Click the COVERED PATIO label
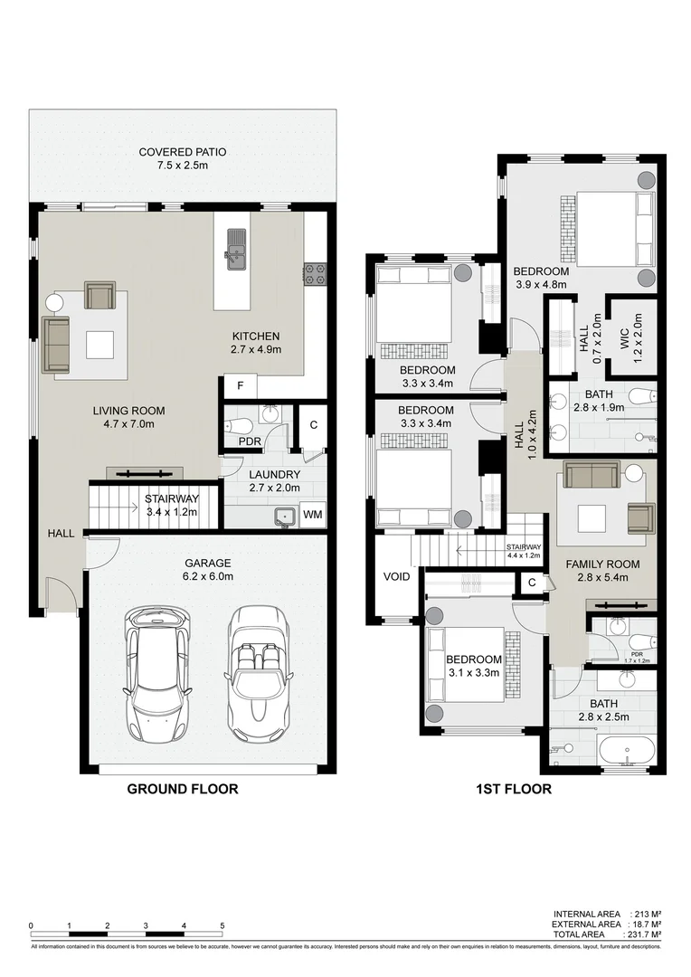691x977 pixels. (182, 152)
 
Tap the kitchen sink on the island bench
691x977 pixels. (236, 250)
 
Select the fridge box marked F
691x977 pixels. (241, 386)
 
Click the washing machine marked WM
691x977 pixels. (313, 515)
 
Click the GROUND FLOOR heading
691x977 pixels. (182, 789)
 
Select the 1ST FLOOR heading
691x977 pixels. (513, 789)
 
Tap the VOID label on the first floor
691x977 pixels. (396, 576)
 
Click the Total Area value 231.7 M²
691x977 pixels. (643, 934)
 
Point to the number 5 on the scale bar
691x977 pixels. (222, 925)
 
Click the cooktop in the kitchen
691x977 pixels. (314, 274)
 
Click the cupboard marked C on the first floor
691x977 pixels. (532, 583)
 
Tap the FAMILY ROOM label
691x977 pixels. (602, 564)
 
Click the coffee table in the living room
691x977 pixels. (99, 344)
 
